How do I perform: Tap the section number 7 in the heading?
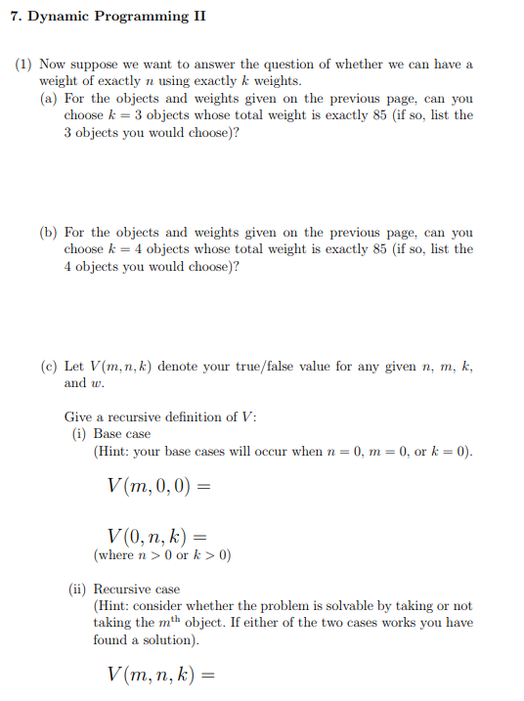coord(14,16)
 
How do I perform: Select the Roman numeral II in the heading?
coord(197,16)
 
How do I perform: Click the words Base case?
coord(122,433)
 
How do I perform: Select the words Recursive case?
coord(136,590)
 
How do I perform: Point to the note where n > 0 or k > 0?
coord(162,555)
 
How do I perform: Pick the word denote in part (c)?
coord(179,367)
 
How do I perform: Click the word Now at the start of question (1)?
coord(53,65)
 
